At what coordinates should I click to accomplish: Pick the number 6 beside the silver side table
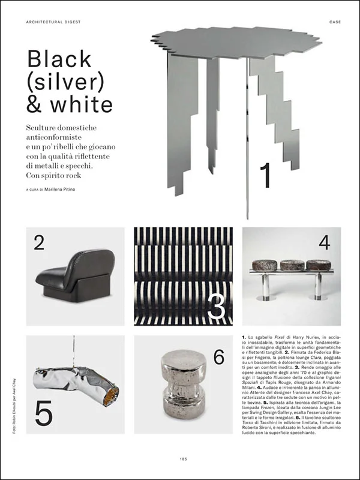[x=219, y=357]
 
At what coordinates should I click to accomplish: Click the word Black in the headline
[x=59, y=59]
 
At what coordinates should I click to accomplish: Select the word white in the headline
[x=86, y=104]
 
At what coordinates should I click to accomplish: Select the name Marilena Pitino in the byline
[x=70, y=190]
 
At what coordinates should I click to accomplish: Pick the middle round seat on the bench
[x=292, y=265]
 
